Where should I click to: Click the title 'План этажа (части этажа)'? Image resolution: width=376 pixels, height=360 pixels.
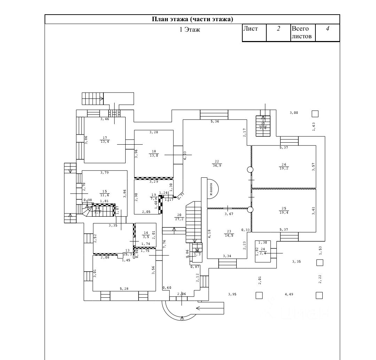192,19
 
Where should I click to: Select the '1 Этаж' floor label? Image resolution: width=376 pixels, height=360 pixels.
190,30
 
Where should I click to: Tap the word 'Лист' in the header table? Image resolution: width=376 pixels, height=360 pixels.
250,29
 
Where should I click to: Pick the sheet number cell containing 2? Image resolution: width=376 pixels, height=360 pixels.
279,29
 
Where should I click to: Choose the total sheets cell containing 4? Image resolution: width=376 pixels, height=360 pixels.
327,29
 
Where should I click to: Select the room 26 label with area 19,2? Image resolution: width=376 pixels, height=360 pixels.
284,166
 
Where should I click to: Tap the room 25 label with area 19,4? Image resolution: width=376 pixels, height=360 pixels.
284,210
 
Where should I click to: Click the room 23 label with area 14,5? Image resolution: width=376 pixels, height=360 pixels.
229,233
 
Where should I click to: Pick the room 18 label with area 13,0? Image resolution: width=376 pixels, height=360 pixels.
154,153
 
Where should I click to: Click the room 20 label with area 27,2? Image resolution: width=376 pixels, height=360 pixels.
180,217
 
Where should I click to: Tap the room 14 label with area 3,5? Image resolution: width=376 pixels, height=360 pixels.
146,235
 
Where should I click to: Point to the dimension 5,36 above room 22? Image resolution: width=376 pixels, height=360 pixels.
214,121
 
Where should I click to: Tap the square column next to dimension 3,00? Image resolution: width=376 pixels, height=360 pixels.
315,113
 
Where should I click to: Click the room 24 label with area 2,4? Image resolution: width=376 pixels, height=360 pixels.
263,251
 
